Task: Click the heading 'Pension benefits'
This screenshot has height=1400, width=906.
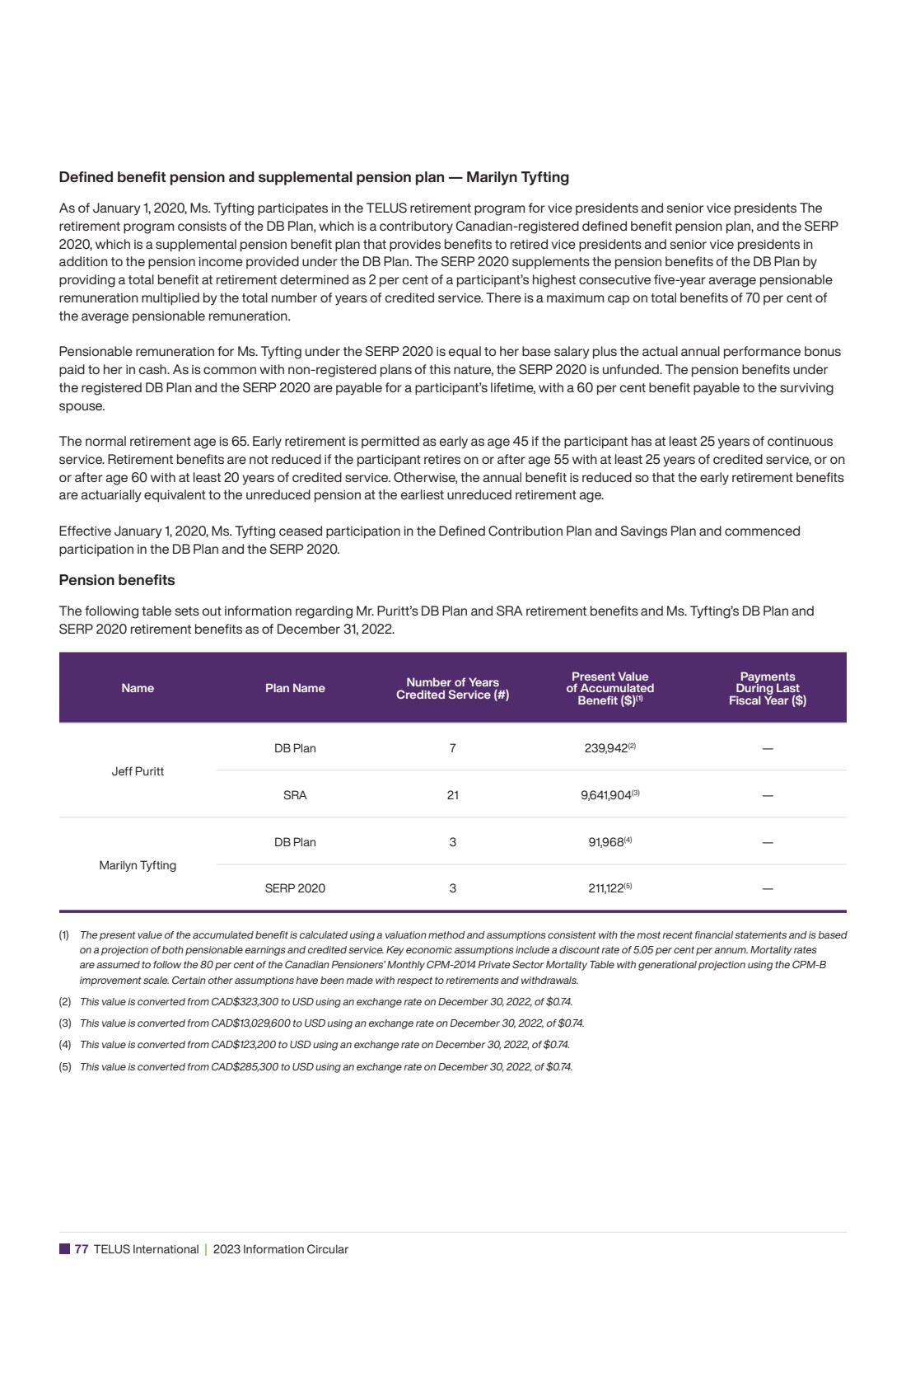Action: (x=116, y=580)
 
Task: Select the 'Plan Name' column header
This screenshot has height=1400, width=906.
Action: (x=295, y=688)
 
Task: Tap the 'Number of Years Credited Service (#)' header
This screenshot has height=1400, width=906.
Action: (x=452, y=688)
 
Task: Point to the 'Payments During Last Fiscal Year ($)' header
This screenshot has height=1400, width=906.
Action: (x=767, y=688)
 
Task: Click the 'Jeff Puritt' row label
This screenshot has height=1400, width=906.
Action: (x=138, y=771)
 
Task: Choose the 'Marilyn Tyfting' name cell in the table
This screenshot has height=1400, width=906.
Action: (x=138, y=865)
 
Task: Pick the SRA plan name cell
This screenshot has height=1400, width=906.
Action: (x=295, y=795)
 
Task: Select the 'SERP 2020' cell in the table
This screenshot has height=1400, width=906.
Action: (x=295, y=888)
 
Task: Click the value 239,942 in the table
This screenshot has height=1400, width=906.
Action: (x=606, y=748)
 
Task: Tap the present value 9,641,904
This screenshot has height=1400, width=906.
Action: (x=606, y=795)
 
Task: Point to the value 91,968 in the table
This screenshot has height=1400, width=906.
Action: (x=606, y=842)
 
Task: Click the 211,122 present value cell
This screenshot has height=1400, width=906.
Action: (x=606, y=888)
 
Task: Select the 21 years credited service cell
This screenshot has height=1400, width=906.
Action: (x=452, y=795)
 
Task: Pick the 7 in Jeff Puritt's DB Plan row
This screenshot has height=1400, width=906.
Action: (x=452, y=748)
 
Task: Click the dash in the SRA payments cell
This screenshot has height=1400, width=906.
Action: (x=768, y=796)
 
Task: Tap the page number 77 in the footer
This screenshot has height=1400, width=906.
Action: (x=82, y=1249)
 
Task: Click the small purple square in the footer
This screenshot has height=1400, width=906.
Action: (x=64, y=1249)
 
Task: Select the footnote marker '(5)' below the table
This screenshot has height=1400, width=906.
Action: (x=64, y=1067)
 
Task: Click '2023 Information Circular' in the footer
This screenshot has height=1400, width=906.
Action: (x=280, y=1249)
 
